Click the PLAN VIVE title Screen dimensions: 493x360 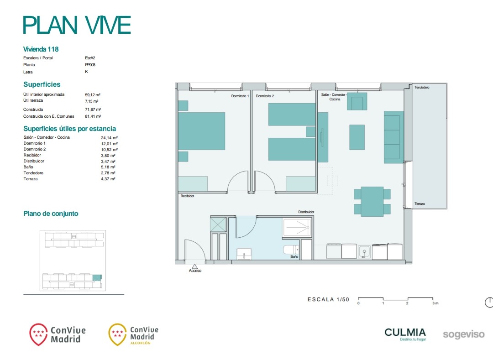[77, 25]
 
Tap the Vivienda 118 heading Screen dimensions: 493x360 [41, 49]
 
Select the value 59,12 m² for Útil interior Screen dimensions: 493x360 [93, 95]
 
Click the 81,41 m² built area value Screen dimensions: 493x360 [93, 116]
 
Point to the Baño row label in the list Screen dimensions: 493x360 [28, 167]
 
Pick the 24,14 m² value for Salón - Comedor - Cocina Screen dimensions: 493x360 [109, 138]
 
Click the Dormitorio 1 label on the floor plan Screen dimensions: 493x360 [240, 96]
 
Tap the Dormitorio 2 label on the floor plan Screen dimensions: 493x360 [265, 96]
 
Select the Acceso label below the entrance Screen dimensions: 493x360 [195, 271]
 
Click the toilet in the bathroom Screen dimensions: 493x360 [291, 250]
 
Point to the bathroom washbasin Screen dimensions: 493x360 [244, 254]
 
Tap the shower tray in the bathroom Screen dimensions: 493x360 [297, 227]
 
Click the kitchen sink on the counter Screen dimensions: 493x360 [364, 251]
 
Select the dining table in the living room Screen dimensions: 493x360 [372, 201]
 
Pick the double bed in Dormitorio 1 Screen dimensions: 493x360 [202, 131]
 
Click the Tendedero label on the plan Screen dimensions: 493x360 [422, 87]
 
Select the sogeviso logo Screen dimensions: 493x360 [464, 334]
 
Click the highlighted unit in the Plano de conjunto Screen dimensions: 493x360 [97, 278]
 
